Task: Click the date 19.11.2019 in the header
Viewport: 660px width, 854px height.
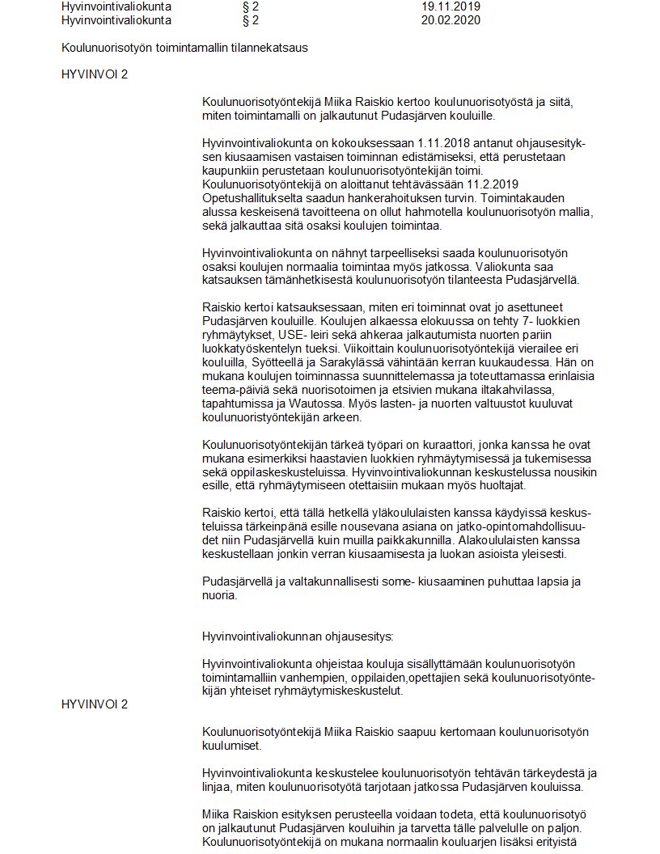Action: pos(451,6)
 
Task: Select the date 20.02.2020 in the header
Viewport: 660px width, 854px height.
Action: pos(451,19)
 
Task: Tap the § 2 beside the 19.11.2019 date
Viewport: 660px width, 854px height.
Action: pos(250,6)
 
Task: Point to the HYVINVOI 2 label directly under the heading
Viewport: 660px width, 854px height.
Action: pos(95,74)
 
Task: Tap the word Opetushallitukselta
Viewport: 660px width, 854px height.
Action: pos(252,198)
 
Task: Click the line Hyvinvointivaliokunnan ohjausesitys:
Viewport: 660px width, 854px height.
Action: pos(298,636)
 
